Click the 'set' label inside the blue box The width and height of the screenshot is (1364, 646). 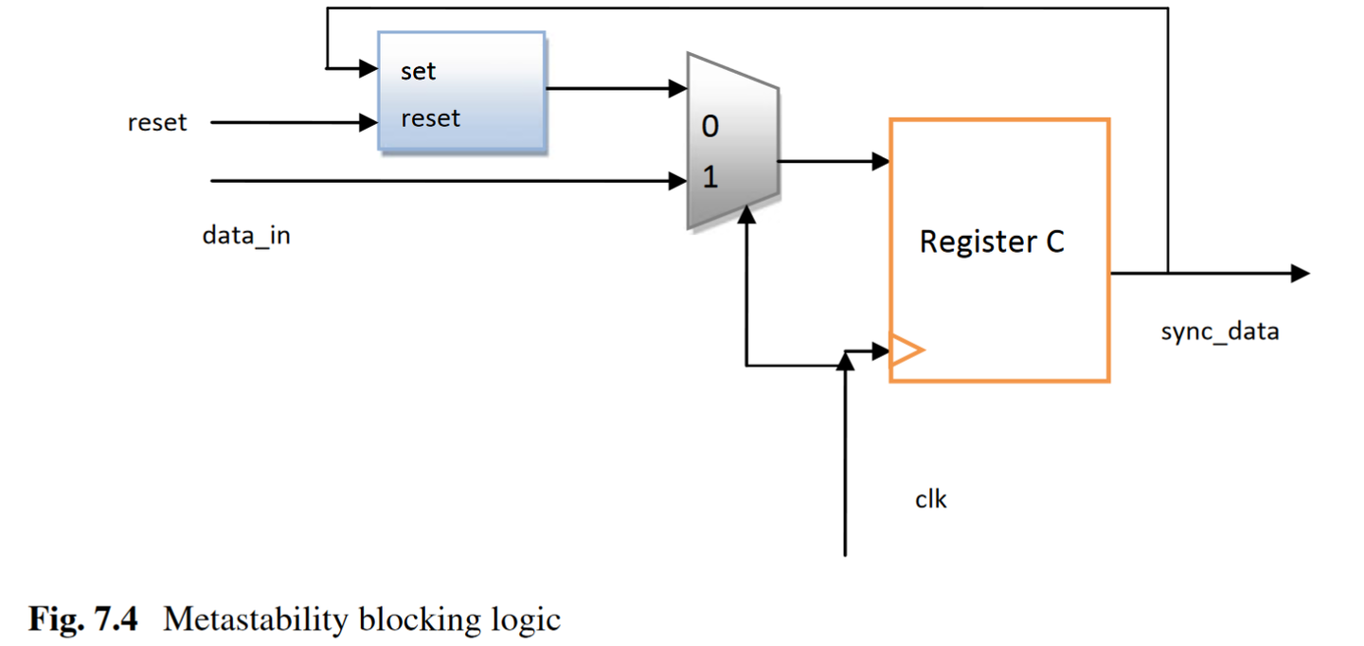click(x=418, y=71)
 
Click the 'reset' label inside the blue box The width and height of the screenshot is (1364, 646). click(x=430, y=118)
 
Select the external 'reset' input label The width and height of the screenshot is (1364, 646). click(x=157, y=123)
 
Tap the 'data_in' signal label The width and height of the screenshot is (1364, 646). click(x=246, y=235)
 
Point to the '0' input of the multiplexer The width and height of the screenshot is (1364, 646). click(x=709, y=127)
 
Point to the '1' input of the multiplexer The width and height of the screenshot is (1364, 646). click(x=709, y=177)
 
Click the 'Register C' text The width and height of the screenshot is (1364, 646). click(x=992, y=242)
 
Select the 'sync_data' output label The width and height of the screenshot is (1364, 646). click(x=1219, y=332)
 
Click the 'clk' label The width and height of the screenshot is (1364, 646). click(x=930, y=499)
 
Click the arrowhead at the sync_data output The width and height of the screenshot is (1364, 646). click(x=1301, y=274)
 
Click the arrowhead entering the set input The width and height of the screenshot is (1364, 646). click(x=368, y=68)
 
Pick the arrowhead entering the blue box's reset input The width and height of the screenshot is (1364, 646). click(x=368, y=122)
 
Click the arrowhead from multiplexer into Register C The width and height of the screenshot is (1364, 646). click(x=880, y=162)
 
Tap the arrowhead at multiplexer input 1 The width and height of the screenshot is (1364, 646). click(x=678, y=180)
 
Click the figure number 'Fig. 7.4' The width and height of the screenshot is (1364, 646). click(x=83, y=620)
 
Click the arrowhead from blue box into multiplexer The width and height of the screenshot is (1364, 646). click(x=678, y=90)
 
